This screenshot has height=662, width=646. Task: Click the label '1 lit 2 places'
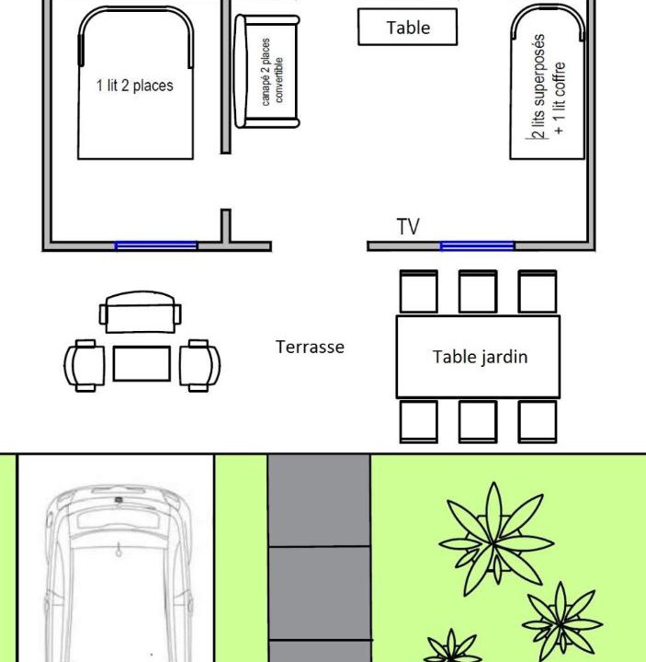(x=134, y=86)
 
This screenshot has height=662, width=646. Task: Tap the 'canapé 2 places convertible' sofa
(x=266, y=72)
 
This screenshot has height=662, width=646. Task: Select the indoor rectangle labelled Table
(x=408, y=27)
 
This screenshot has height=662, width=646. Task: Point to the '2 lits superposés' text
(x=538, y=87)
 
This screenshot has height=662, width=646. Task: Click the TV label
(x=408, y=227)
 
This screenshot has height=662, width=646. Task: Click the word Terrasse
(x=310, y=347)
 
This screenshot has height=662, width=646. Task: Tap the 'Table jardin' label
(x=481, y=357)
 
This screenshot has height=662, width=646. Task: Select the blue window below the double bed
(x=155, y=245)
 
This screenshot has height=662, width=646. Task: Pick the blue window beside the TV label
(x=477, y=245)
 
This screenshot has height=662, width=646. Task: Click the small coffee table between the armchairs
(x=142, y=363)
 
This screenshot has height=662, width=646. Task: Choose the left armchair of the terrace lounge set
(x=85, y=366)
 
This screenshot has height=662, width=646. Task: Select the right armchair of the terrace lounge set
(x=199, y=366)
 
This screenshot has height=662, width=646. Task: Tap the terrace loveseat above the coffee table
(x=141, y=312)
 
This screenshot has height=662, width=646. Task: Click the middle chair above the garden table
(x=478, y=291)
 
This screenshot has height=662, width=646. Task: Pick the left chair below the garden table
(x=419, y=422)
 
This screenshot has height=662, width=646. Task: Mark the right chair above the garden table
(x=538, y=291)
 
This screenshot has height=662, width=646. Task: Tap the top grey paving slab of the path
(x=320, y=500)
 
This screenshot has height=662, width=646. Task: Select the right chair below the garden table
(x=538, y=422)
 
